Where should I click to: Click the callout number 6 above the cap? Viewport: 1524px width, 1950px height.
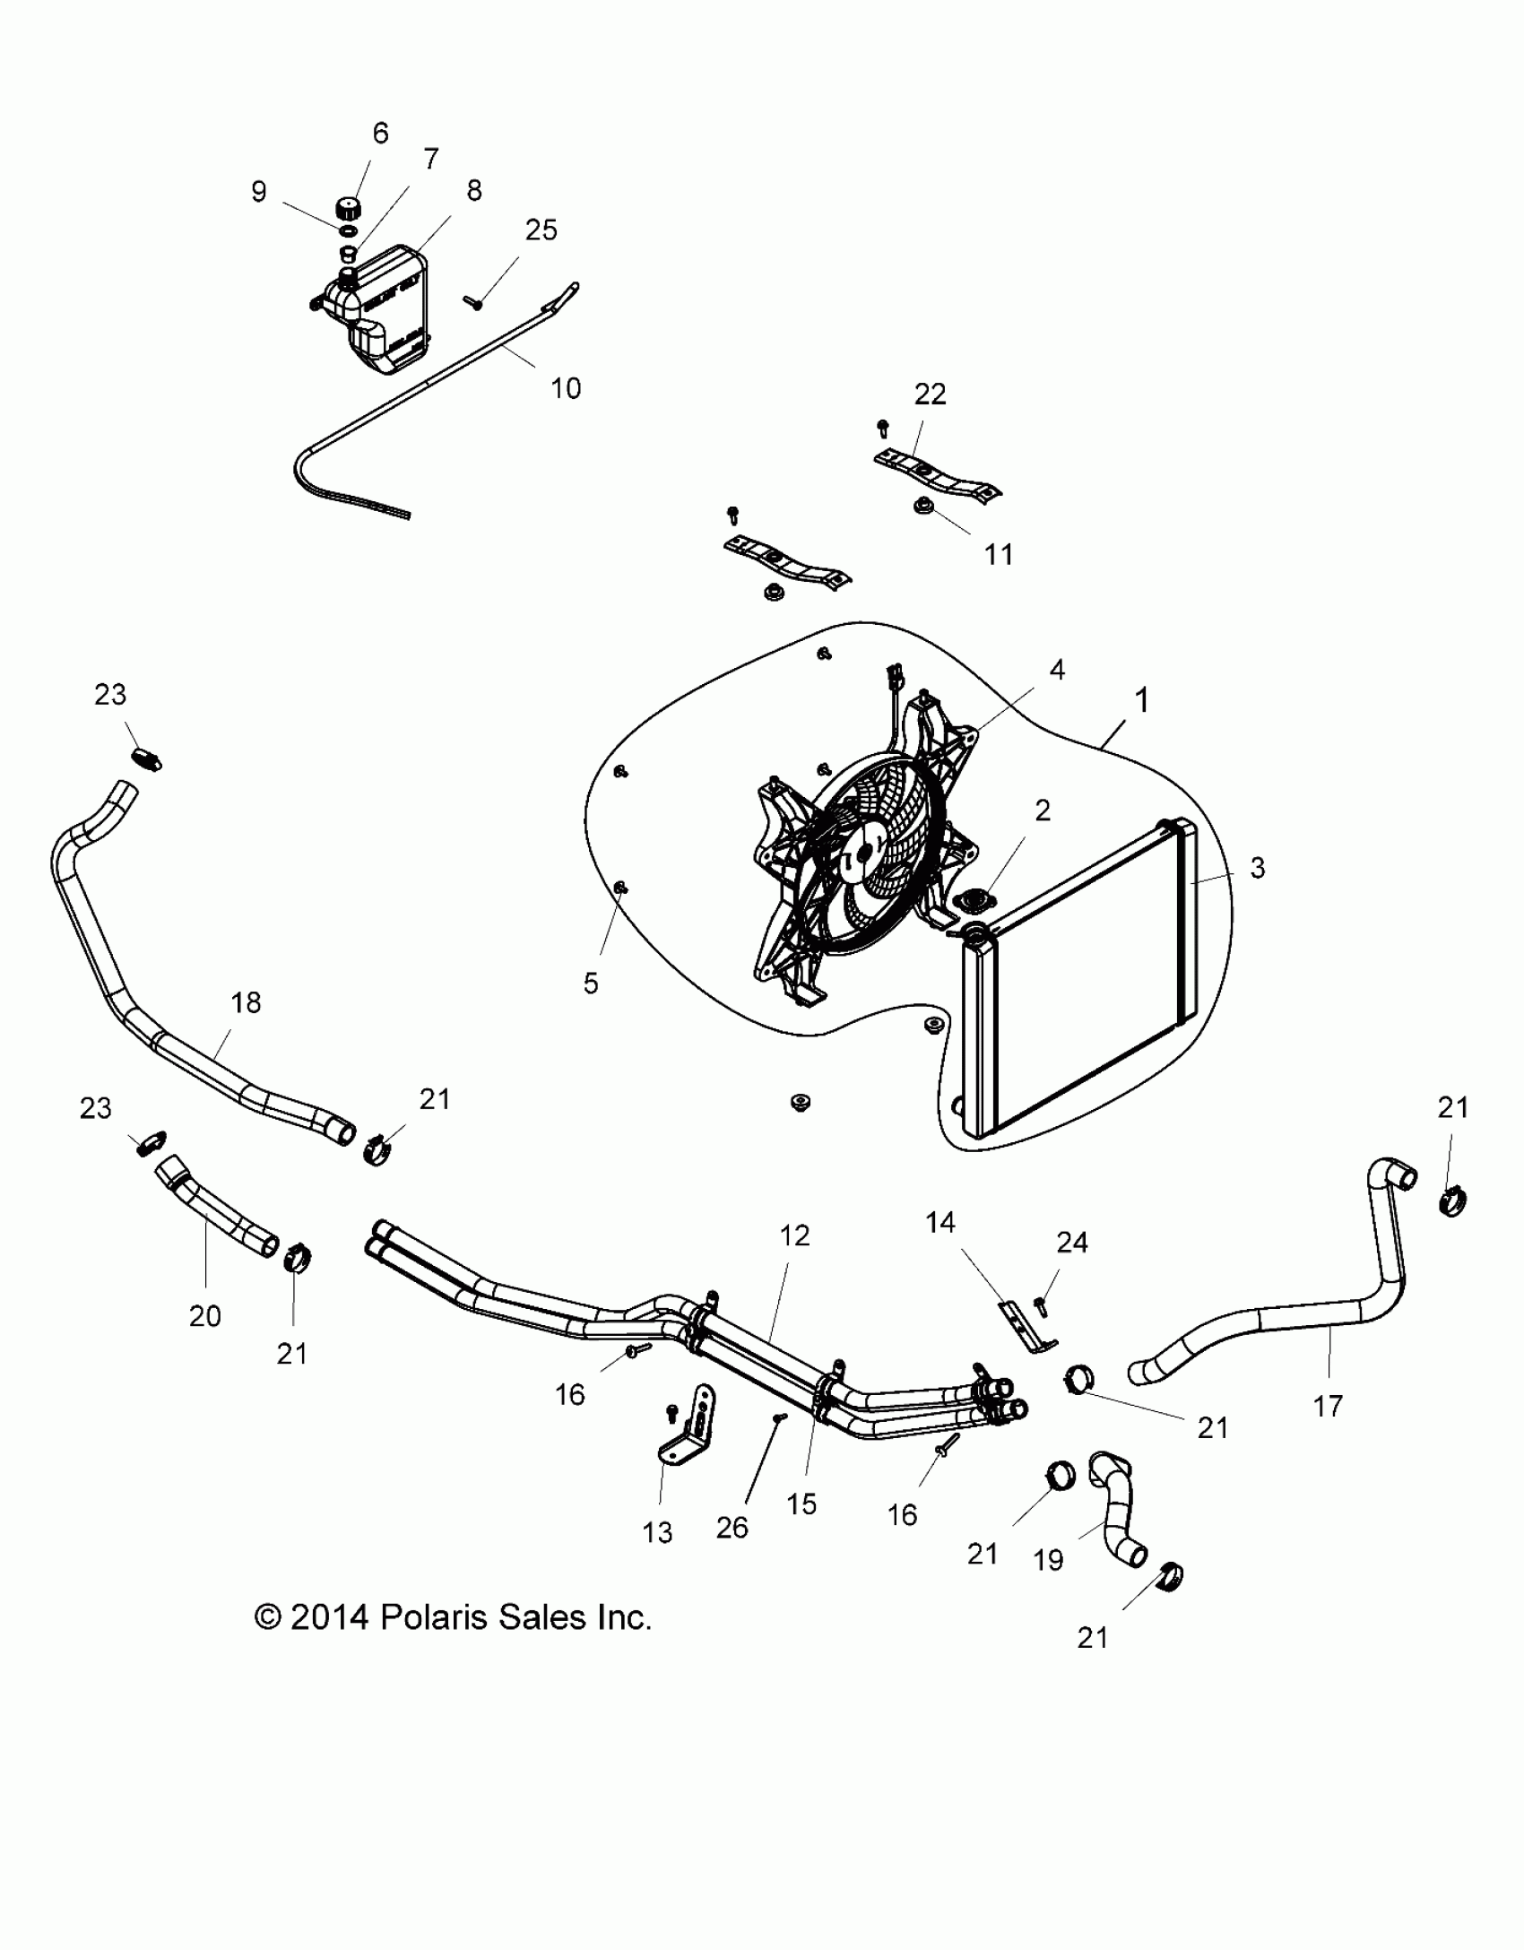(x=380, y=134)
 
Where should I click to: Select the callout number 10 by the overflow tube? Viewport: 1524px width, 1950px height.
(x=566, y=388)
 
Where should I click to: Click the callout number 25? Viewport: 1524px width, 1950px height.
(x=541, y=230)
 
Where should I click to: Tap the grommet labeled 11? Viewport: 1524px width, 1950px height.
(x=922, y=508)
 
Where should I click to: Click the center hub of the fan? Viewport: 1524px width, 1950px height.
(x=862, y=854)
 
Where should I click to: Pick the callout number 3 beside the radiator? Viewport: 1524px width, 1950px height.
(x=1257, y=867)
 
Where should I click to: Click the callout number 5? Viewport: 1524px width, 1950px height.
(x=590, y=984)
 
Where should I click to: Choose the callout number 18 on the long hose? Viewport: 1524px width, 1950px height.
(x=246, y=1002)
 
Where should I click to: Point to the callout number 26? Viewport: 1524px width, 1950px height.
(x=732, y=1528)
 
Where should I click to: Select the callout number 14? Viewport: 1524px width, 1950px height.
(x=940, y=1222)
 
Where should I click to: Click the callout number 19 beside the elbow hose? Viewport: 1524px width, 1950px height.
(x=1048, y=1560)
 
